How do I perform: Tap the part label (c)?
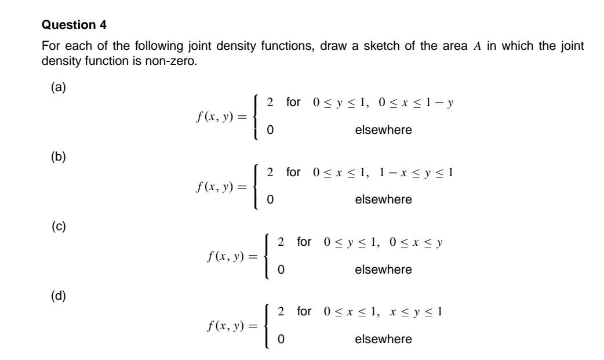tap(59, 227)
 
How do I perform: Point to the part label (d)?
tap(59, 296)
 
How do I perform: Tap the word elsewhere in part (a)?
tap(383, 130)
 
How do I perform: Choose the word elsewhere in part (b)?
tap(383, 199)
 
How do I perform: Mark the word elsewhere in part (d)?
tap(383, 339)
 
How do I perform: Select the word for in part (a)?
tap(293, 103)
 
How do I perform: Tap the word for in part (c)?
tap(304, 242)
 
